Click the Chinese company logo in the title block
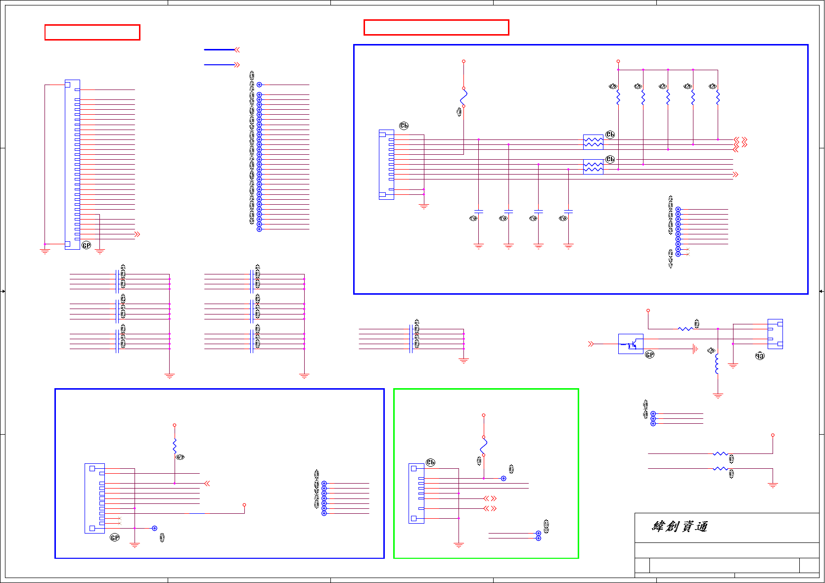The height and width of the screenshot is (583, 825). pos(680,526)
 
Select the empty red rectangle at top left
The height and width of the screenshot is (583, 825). pos(92,32)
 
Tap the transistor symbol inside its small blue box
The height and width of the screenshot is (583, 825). pos(631,344)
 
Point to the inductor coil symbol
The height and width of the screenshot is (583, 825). pos(717,364)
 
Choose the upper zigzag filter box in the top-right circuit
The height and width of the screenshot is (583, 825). pos(593,142)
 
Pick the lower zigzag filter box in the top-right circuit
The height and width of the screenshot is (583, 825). pos(593,167)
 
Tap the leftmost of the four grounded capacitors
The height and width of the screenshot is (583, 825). pos(478,212)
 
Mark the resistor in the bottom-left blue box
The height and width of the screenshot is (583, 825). pos(175,446)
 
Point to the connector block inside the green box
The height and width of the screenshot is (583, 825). pos(416,493)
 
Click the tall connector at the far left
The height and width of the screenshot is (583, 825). pos(72,164)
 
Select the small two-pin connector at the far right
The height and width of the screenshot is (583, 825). pos(775,334)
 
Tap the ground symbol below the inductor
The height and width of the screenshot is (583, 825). pos(718,395)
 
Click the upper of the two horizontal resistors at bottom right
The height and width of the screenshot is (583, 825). pos(720,453)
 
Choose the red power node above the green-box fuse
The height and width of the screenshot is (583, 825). pos(483,415)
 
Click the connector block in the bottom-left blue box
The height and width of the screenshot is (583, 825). pos(94,498)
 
